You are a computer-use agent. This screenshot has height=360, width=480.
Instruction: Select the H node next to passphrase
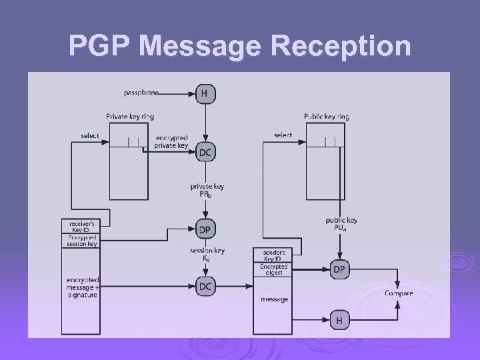click(205, 94)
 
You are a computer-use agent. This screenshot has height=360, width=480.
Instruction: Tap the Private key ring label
click(130, 117)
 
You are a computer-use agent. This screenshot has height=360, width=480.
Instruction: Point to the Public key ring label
click(327, 117)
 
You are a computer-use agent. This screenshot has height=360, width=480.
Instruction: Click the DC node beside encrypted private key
click(205, 152)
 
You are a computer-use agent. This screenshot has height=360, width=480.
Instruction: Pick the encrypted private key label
click(171, 141)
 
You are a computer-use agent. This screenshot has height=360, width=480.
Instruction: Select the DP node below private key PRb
click(205, 229)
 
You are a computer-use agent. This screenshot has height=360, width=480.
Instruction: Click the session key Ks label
click(207, 254)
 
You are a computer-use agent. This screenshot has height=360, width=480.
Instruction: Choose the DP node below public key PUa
click(339, 269)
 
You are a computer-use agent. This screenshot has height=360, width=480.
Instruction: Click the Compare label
click(399, 293)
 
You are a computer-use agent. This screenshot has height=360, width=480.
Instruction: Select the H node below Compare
click(339, 321)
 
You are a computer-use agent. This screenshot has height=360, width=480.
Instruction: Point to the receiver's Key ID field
click(81, 226)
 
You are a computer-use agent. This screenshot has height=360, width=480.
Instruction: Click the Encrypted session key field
click(81, 241)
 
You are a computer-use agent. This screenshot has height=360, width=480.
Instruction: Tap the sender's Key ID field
click(273, 255)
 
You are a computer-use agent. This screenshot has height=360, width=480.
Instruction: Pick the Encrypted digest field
click(273, 269)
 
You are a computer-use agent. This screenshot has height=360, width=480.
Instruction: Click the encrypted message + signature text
click(83, 286)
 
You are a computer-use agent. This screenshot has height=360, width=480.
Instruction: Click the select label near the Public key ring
click(283, 135)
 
